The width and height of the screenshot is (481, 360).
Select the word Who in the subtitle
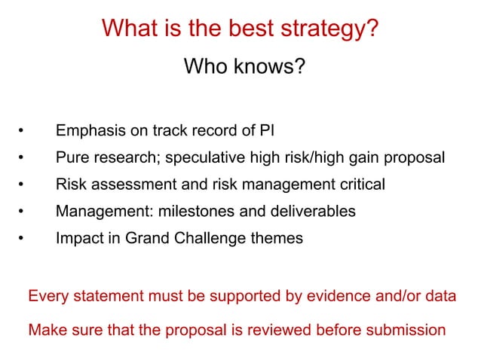click(203, 69)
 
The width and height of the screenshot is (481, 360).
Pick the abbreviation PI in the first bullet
click(266, 130)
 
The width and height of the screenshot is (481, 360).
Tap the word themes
click(279, 239)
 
